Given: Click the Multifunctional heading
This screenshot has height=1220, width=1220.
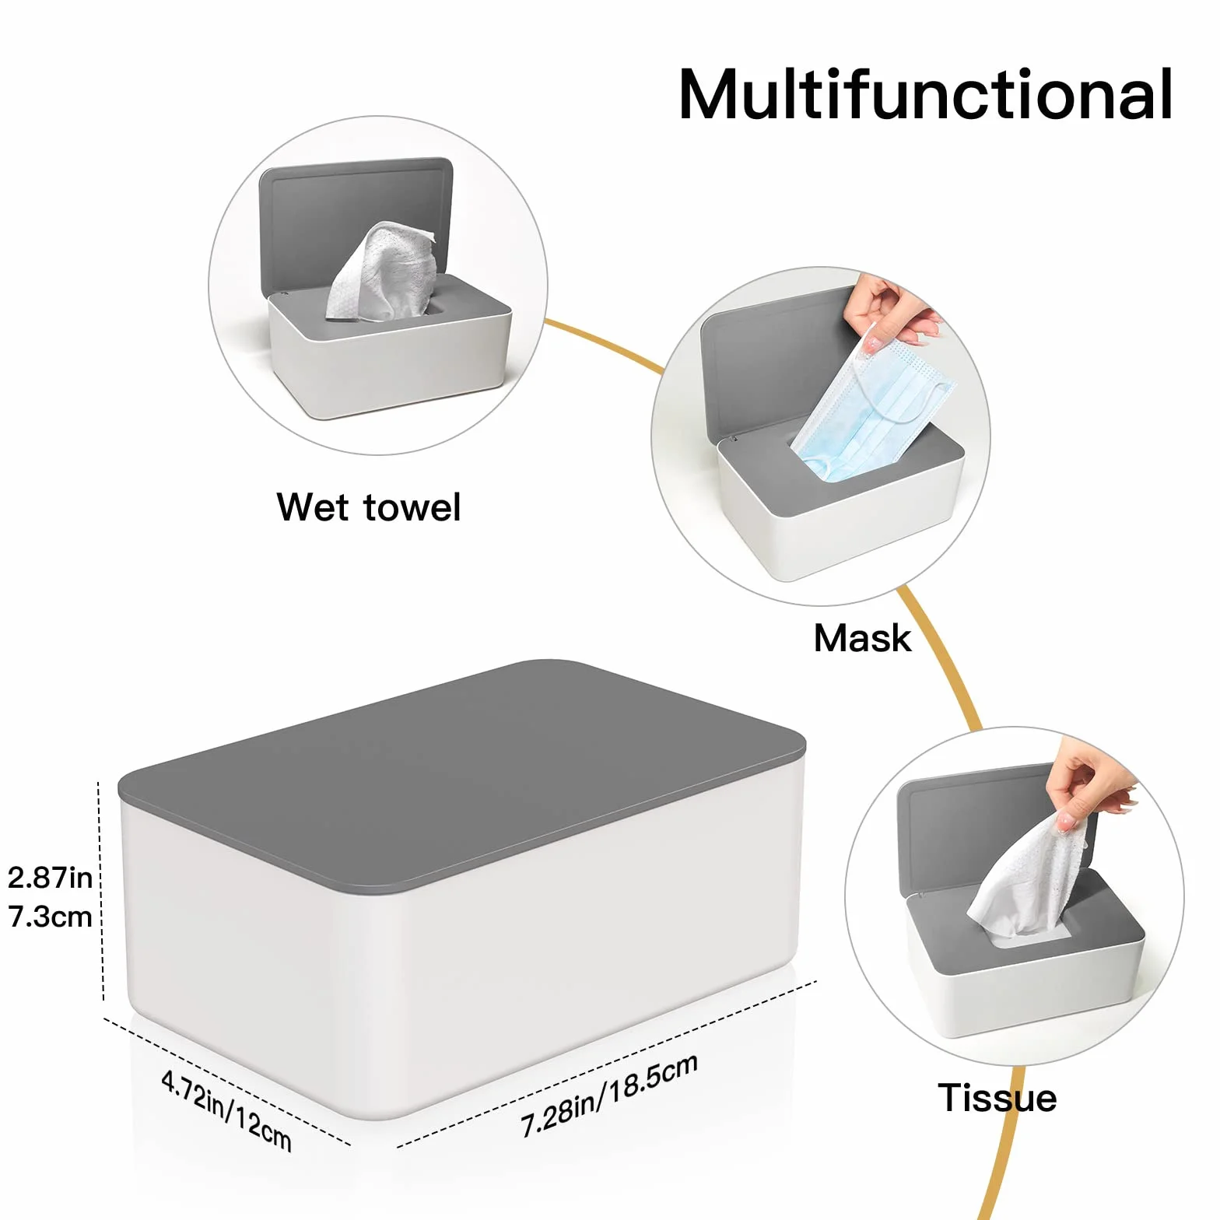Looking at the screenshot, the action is tap(926, 94).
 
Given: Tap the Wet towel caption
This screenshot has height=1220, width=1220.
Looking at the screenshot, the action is tap(369, 507).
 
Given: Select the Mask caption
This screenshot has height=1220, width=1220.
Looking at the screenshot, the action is tap(862, 639).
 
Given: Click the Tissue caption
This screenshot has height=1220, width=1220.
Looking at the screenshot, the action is tap(997, 1098).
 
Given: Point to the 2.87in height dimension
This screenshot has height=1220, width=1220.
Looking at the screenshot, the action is tap(50, 878).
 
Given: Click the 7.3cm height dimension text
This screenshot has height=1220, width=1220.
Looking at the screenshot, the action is tap(50, 917).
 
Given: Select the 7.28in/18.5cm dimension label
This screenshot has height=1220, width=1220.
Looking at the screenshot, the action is tap(608, 1095).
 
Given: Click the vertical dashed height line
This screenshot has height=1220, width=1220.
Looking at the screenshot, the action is tap(101, 891).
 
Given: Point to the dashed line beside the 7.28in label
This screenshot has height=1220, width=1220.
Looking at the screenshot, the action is tap(607, 1064).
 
